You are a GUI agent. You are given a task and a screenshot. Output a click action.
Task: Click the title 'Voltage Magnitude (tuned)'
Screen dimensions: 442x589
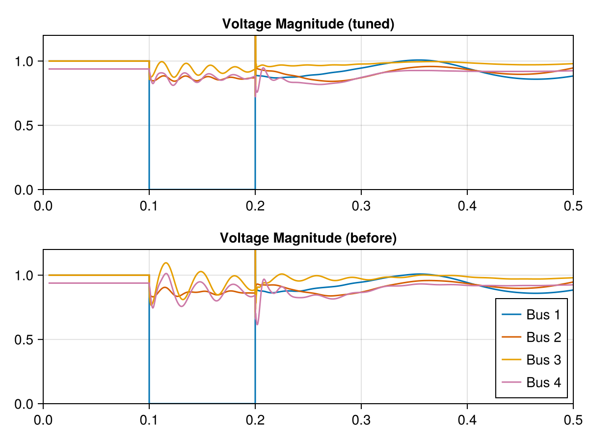pos(308,24)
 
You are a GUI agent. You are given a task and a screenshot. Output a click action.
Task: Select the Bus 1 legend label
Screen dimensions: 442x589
pos(543,315)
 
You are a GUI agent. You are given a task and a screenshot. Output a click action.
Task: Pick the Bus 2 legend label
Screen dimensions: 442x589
pos(543,337)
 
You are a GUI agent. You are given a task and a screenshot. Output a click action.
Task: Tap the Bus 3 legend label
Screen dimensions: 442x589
pos(543,359)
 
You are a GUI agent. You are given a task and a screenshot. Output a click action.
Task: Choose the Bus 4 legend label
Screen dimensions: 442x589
pos(543,382)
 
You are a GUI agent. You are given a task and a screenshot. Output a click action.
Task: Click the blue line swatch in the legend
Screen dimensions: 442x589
pos(511,315)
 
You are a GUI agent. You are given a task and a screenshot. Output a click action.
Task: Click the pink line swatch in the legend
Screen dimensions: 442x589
pos(511,382)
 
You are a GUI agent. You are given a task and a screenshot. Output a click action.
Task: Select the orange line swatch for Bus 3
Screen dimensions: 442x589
pos(511,359)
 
